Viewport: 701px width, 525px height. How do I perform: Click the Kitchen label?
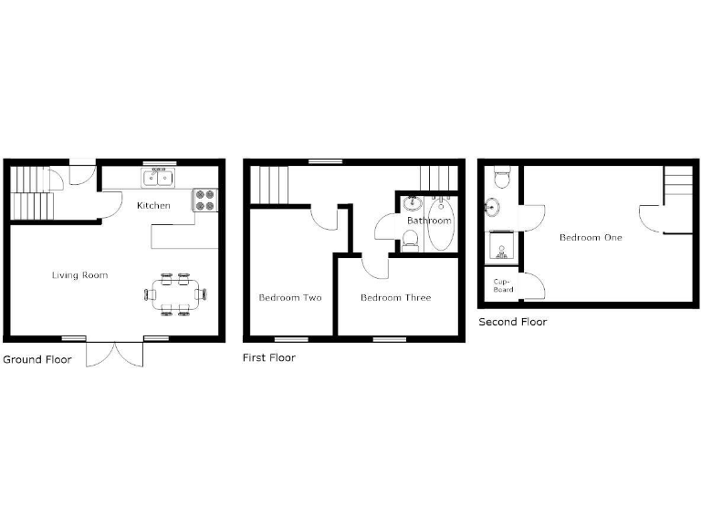[153, 205]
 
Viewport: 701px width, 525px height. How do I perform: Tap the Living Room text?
[80, 274]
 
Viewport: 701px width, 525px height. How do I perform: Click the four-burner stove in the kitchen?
[204, 199]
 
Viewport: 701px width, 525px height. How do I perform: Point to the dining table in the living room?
[174, 293]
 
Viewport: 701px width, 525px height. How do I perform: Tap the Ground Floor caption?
[37, 359]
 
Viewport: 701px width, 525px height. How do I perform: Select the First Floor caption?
[268, 357]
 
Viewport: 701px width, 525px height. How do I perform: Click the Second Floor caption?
[513, 322]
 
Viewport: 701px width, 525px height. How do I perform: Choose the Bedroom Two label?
[290, 297]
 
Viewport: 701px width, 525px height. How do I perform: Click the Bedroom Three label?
[395, 297]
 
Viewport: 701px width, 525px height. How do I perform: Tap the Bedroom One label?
[591, 237]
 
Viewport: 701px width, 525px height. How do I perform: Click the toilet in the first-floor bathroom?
[411, 239]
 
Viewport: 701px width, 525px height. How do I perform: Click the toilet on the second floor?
[499, 176]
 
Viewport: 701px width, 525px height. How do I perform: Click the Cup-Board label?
[503, 285]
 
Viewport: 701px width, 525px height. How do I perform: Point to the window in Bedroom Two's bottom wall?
[291, 339]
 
